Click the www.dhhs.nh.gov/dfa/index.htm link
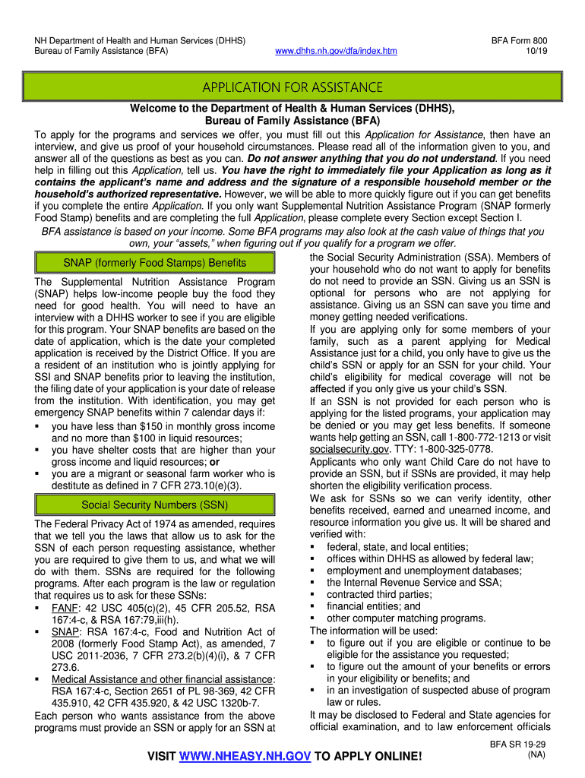336,52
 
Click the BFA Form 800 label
519,40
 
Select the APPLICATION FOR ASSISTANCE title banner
292,88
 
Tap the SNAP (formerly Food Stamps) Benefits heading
154,263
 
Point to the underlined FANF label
65,608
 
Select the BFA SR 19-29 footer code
524,745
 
